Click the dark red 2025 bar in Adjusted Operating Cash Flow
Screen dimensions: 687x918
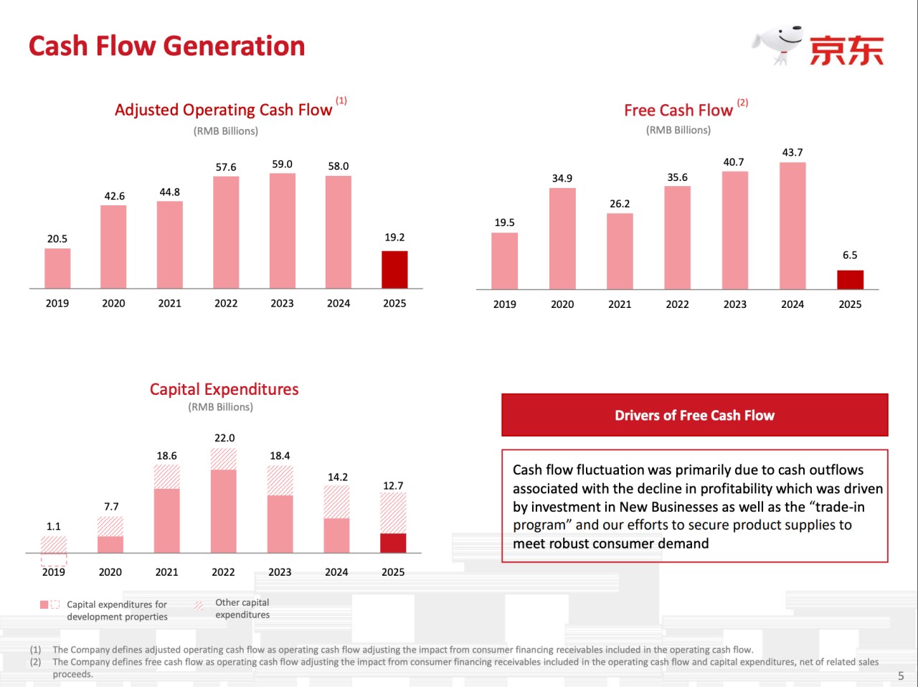394,270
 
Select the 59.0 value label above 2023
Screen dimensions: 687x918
282,164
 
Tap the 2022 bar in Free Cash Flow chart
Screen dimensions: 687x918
677,238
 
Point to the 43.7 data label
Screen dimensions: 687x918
792,152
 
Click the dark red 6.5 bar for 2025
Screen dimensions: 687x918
850,280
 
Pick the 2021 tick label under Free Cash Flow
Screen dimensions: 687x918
620,304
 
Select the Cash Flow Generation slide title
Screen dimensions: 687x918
166,46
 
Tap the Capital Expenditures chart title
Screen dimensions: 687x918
224,389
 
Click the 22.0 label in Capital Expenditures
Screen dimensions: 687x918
224,438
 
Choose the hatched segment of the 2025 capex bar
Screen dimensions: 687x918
393,513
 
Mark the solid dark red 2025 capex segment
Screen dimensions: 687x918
393,543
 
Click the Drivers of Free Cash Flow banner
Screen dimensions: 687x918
694,415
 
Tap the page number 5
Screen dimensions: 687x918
901,676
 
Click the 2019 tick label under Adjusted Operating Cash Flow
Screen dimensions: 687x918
57,304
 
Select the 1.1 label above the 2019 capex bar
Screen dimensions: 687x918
54,526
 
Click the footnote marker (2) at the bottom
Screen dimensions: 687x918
35,662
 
